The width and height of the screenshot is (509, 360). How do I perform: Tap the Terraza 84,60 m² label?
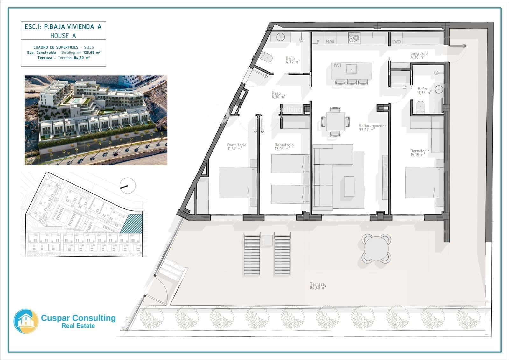(318, 286)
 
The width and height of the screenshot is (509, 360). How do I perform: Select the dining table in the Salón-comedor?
(335, 121)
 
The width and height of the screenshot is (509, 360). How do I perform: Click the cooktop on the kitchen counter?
(354, 38)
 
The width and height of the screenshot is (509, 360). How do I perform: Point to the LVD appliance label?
(396, 42)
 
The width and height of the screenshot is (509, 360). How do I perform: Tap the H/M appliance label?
(330, 42)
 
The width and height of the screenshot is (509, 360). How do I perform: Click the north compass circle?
(128, 185)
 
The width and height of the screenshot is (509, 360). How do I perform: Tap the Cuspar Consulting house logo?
(26, 321)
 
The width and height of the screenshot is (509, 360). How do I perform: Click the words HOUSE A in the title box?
(63, 36)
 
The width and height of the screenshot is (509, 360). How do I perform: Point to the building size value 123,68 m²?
(92, 53)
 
